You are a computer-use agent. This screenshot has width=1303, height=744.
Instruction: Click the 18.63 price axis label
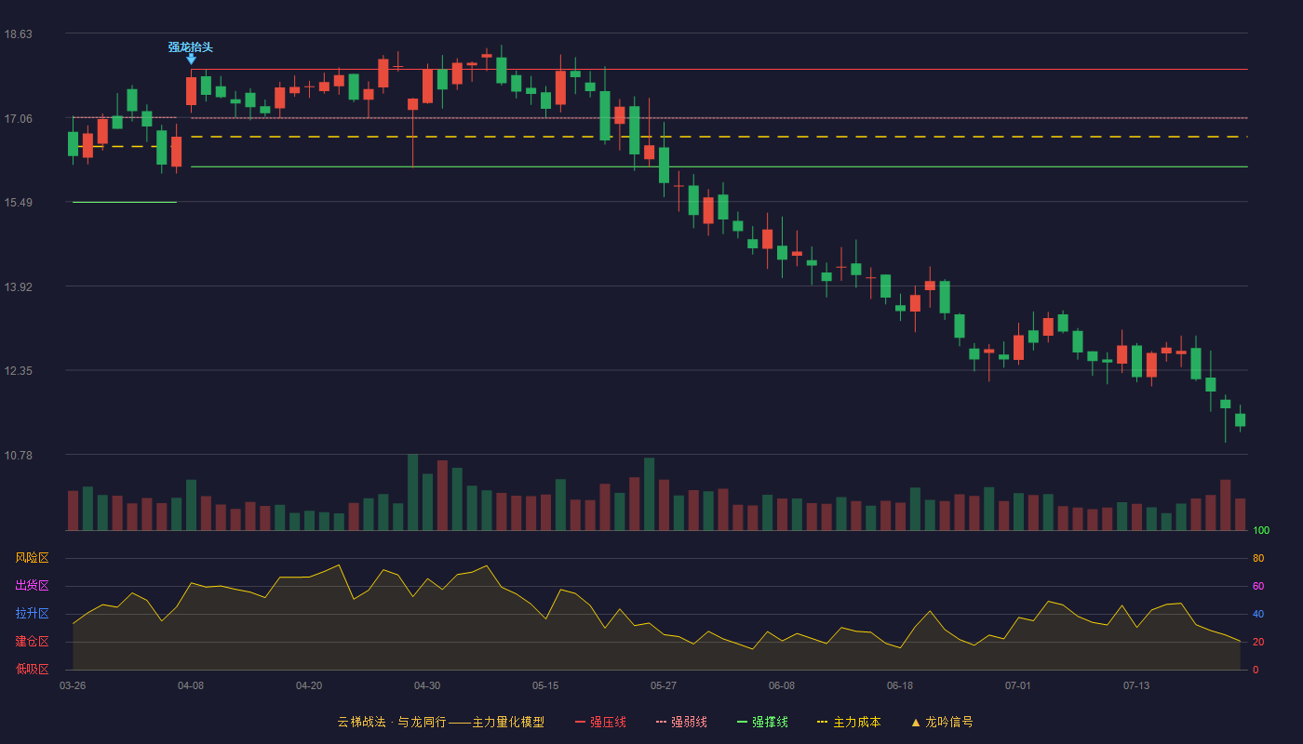[18, 34]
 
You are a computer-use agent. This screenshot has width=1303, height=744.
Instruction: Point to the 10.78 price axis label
[18, 455]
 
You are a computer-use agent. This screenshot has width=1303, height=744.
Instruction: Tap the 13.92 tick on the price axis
[18, 287]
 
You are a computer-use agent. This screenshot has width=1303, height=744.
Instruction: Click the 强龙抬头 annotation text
[190, 47]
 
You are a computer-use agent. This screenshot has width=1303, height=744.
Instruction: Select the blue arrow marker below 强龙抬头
[191, 60]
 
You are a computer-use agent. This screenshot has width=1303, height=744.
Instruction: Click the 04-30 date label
[427, 686]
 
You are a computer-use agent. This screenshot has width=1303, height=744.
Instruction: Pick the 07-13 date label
[1136, 686]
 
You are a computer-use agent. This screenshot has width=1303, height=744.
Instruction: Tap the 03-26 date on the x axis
[73, 686]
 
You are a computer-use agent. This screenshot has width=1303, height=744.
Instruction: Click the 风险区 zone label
[32, 558]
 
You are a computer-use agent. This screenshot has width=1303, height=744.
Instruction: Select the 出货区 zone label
[32, 585]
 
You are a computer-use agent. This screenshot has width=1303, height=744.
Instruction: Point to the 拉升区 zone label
[32, 613]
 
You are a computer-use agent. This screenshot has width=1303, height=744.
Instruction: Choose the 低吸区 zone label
[32, 669]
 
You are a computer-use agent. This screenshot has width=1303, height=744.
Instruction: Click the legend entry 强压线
[600, 722]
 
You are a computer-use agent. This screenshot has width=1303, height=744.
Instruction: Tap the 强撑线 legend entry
[762, 722]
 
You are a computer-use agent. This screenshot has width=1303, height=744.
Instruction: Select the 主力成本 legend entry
[849, 722]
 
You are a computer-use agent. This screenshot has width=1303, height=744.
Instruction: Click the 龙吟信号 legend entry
[942, 722]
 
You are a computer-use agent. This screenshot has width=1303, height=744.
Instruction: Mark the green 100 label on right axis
[1261, 530]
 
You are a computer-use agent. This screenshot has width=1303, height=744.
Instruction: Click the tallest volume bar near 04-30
[412, 492]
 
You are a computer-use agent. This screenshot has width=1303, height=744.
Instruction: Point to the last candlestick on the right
[1240, 419]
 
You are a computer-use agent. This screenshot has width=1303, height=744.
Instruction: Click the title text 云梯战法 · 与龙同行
[392, 722]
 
